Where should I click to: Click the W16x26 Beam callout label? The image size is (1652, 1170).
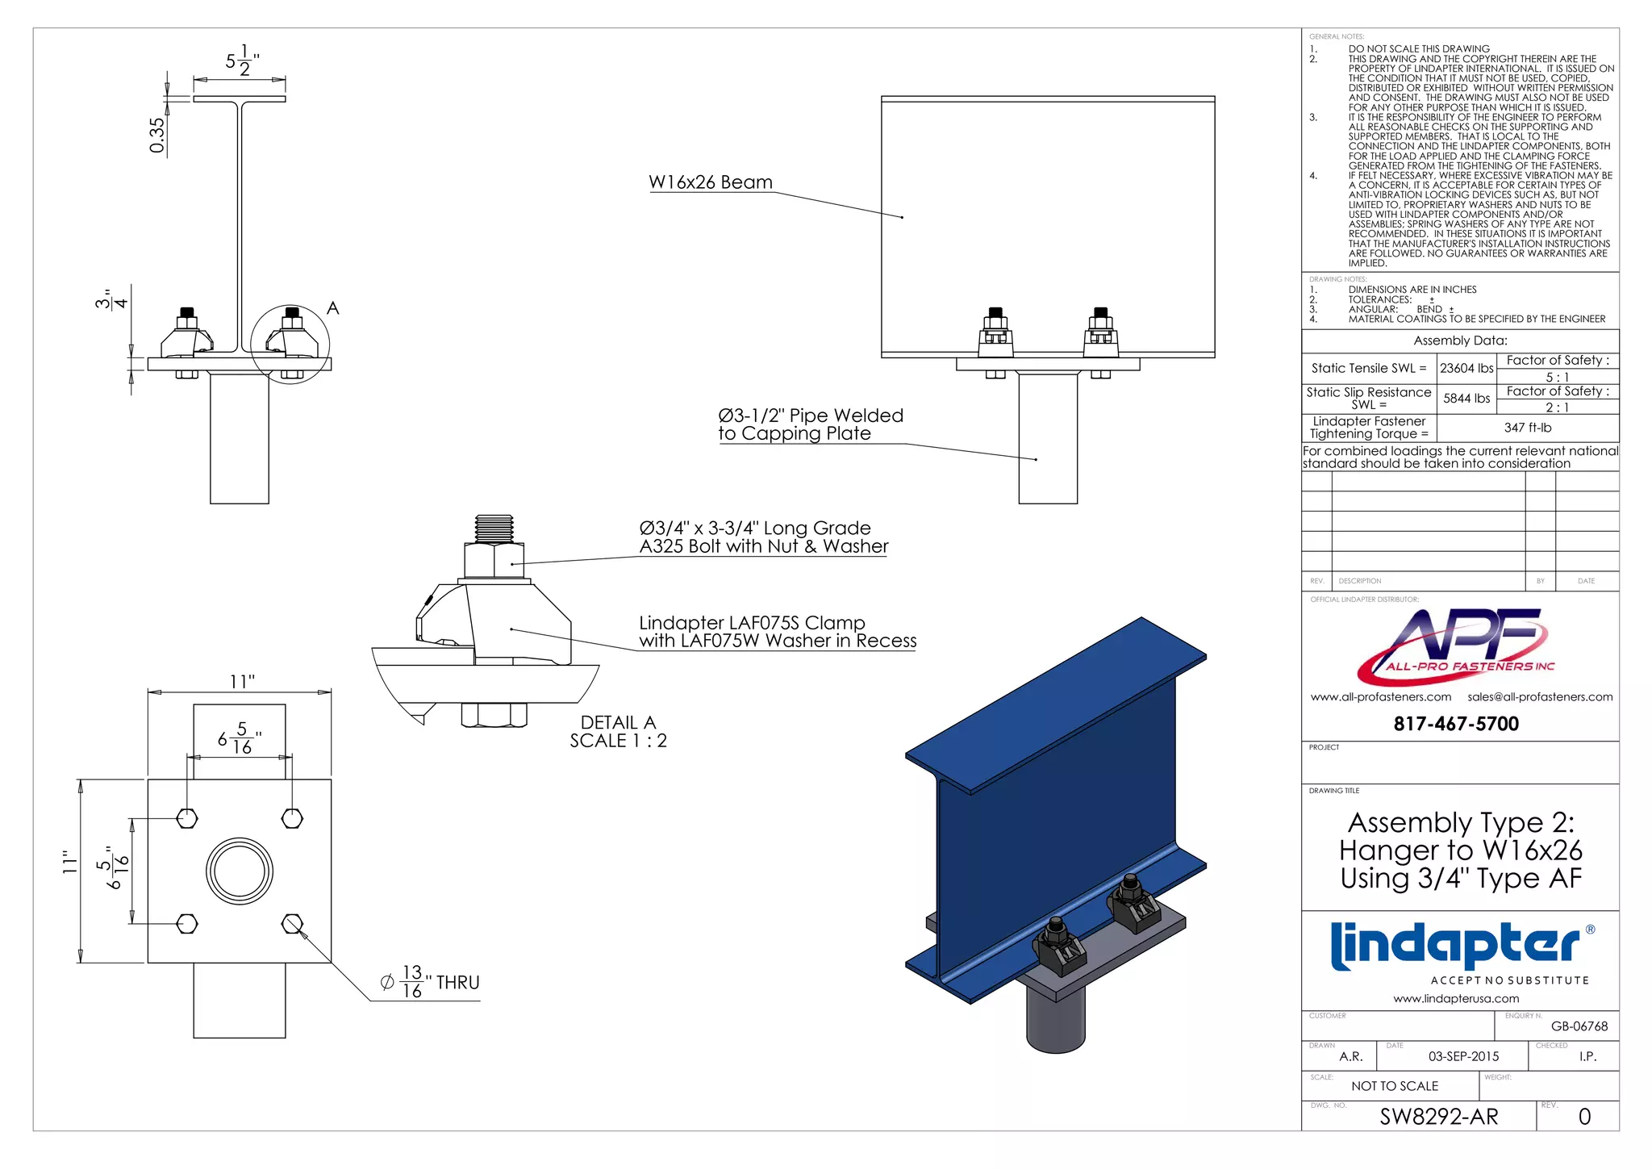(x=710, y=182)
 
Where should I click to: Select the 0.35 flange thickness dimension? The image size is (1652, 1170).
(x=156, y=135)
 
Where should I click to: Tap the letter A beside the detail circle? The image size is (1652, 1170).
(x=333, y=308)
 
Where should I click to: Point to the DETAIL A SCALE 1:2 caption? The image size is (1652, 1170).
(x=618, y=732)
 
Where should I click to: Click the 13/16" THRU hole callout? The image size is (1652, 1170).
(x=430, y=982)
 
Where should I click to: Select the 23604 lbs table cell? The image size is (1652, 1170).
(x=1466, y=368)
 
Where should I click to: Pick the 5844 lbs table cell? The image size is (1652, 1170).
(x=1466, y=399)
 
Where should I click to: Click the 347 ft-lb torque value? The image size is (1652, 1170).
(x=1527, y=428)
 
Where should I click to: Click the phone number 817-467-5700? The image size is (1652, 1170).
(x=1456, y=724)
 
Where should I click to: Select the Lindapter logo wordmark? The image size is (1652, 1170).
(x=1456, y=946)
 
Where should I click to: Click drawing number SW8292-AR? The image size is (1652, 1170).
(x=1438, y=1117)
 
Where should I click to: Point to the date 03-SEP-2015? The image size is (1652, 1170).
(x=1463, y=1056)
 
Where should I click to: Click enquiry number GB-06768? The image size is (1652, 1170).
(x=1579, y=1026)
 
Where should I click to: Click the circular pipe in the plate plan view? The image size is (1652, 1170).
(x=240, y=871)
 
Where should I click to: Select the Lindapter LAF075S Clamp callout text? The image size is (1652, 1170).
(x=777, y=632)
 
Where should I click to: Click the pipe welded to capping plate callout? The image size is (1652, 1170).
(x=810, y=424)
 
